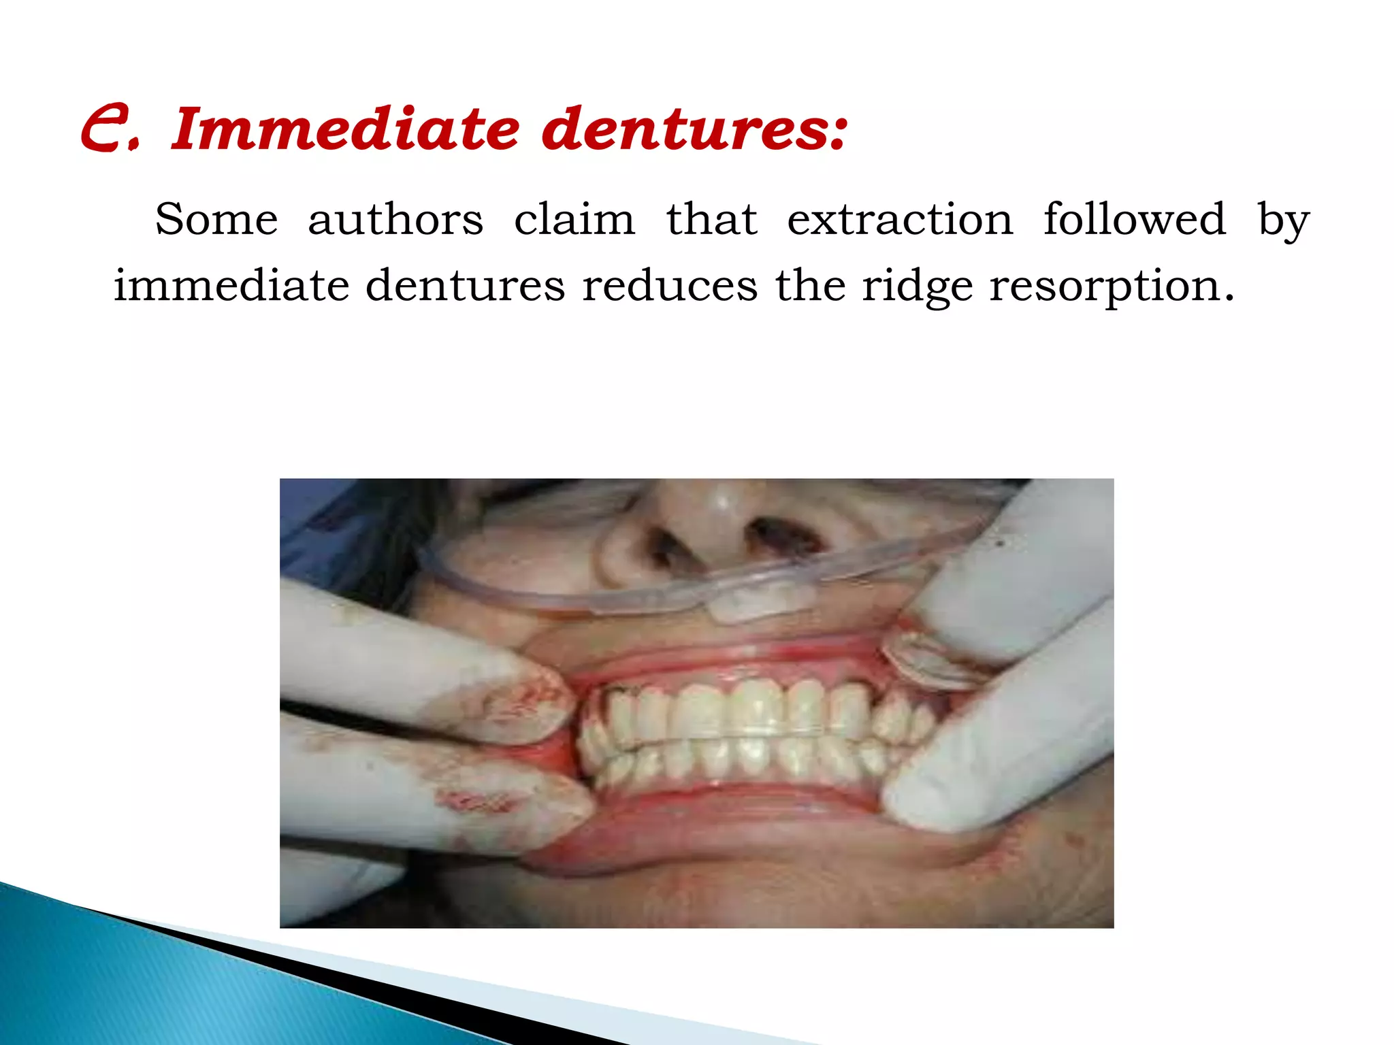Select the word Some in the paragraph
(216, 220)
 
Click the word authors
(395, 220)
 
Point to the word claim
(574, 220)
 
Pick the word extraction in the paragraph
(900, 220)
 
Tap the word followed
(1135, 220)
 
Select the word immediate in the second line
(231, 286)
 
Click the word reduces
(670, 286)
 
